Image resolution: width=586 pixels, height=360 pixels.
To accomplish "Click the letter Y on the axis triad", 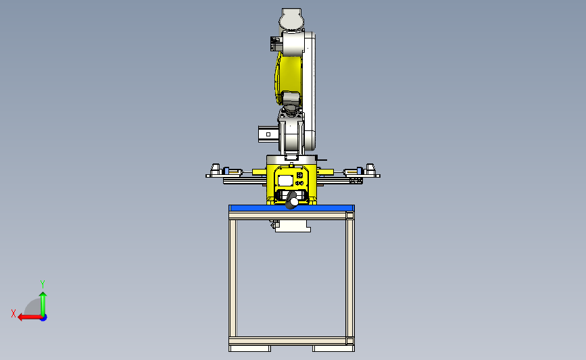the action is pyautogui.click(x=43, y=284).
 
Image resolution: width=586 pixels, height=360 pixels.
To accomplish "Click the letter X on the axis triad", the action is pyautogui.click(x=14, y=313).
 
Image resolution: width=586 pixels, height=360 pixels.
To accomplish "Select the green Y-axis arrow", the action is pyautogui.click(x=43, y=304).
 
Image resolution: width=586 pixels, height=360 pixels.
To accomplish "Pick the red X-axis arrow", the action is pyautogui.click(x=30, y=317).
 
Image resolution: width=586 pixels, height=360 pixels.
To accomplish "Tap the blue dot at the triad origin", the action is pyautogui.click(x=44, y=318).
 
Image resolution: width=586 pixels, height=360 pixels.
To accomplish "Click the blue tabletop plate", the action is pyautogui.click(x=291, y=208).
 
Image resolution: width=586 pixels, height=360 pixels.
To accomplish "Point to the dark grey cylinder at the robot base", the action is pyautogui.click(x=292, y=200).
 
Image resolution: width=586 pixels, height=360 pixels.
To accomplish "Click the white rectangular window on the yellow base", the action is pyautogui.click(x=285, y=181).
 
